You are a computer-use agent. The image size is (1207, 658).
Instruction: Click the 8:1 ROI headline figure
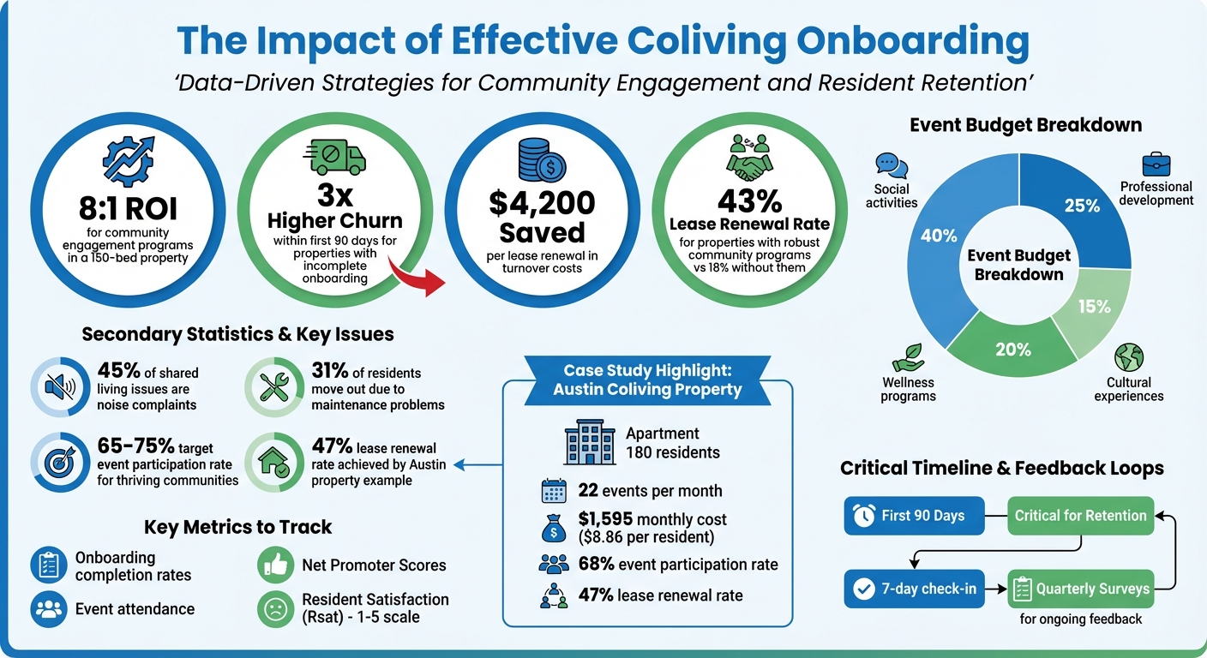click(x=128, y=208)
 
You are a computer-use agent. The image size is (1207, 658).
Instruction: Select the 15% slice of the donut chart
click(x=1094, y=306)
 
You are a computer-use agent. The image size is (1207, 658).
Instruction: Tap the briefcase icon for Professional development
click(x=1156, y=163)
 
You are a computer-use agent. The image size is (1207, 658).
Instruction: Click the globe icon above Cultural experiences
click(x=1129, y=357)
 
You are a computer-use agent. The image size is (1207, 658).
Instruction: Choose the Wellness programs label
click(x=908, y=389)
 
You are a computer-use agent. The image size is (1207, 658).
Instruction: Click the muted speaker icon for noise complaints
click(x=58, y=388)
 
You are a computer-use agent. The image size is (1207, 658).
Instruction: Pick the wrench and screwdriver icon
click(x=276, y=388)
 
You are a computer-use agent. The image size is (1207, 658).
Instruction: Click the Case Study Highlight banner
click(x=647, y=380)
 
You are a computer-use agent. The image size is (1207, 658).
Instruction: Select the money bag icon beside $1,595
click(x=553, y=528)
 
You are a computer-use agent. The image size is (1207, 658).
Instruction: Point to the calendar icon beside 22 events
click(x=554, y=491)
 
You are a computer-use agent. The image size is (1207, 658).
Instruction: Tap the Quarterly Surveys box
click(x=1080, y=589)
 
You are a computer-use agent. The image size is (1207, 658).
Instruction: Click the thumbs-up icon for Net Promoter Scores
click(x=274, y=564)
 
